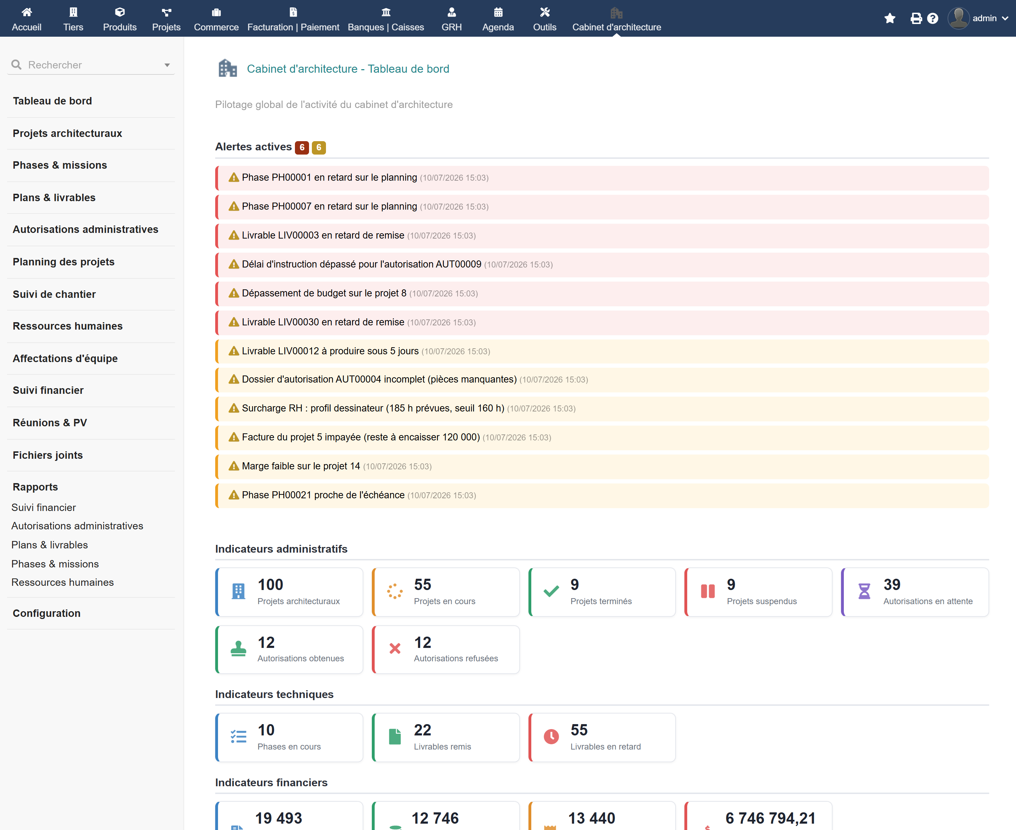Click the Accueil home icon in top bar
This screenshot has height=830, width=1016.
coord(27,12)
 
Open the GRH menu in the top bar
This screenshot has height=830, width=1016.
coord(452,19)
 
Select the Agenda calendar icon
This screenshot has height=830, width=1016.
coord(498,12)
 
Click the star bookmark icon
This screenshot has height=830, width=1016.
coord(889,18)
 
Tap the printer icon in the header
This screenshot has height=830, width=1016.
coord(916,18)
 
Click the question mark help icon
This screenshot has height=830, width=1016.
coord(932,18)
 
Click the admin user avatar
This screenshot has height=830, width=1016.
coord(958,18)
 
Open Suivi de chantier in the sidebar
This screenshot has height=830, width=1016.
coord(54,294)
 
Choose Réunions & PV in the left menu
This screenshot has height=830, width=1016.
coord(50,423)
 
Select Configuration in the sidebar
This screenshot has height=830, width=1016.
coord(46,613)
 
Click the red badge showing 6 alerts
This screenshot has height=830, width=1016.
coord(302,147)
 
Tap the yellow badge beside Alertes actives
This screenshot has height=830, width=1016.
coord(319,147)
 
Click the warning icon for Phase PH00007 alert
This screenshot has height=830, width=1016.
coord(234,206)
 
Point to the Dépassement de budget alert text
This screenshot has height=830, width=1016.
coord(324,293)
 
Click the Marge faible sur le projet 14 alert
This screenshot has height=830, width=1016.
coord(301,466)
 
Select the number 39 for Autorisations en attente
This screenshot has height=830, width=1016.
coord(892,584)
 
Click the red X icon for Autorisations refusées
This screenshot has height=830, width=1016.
coord(395,648)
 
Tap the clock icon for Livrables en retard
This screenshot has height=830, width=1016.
coord(551,736)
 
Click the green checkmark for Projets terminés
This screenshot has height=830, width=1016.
coord(551,591)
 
